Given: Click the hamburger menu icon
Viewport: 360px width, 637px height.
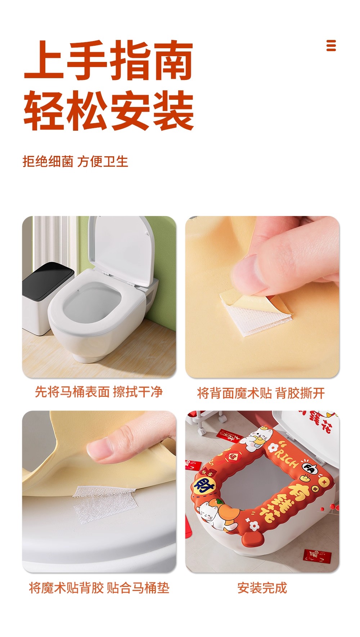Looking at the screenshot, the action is [331, 45].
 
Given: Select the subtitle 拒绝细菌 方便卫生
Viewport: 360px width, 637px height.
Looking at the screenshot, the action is [75, 161].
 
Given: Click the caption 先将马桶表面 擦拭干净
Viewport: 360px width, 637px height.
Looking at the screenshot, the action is [99, 392].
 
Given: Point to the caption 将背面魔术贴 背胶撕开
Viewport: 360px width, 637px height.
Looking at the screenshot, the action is [261, 393].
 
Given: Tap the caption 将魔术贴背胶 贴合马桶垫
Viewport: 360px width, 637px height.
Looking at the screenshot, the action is [99, 588].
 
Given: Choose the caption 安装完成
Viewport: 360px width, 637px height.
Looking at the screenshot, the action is [262, 588].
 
